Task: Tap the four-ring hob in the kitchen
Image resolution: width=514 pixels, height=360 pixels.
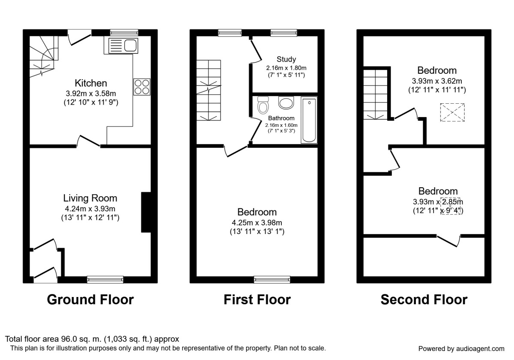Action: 142,87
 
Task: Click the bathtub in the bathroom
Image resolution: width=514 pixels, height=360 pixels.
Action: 309,120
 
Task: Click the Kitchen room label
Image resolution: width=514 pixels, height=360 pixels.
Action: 91,83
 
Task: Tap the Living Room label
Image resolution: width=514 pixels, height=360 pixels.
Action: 90,198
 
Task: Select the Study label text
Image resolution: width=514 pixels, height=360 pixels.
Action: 286,59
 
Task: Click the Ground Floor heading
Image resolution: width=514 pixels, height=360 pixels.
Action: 90,299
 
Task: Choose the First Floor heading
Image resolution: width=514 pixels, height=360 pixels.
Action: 257,299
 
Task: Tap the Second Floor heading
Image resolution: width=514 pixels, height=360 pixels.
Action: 424,299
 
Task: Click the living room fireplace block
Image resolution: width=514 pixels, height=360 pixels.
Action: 146,213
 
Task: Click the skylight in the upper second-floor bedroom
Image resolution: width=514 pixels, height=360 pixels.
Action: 452,113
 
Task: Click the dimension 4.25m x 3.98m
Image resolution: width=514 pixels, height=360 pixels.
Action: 257,222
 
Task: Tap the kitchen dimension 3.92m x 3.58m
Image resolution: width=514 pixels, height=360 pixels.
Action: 90,93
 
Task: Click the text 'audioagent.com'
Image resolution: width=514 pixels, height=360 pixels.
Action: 479,348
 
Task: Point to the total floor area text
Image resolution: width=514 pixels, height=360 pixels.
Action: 92,339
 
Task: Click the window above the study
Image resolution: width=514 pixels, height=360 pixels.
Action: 283,32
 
